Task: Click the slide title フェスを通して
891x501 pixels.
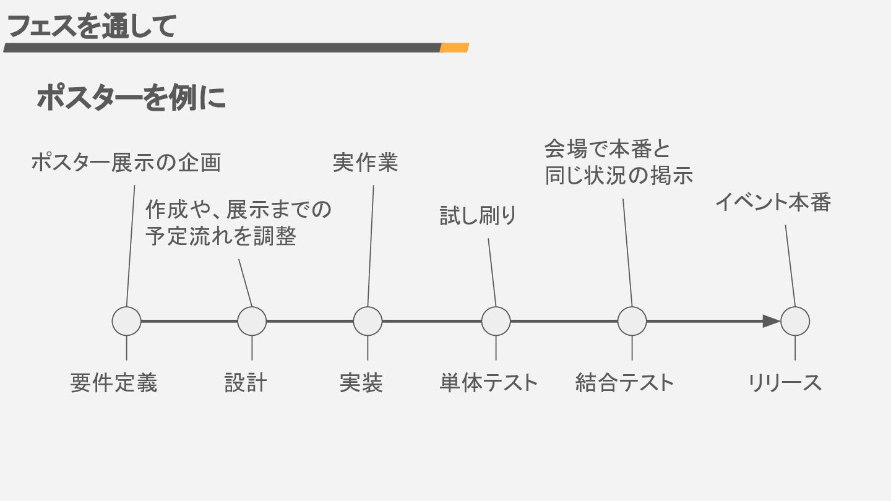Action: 92,27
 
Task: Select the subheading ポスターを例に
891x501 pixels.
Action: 131,98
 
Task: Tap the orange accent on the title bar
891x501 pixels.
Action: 454,48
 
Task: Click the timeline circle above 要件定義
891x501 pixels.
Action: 127,321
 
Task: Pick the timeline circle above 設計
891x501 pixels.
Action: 252,321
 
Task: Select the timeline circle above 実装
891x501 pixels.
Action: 368,321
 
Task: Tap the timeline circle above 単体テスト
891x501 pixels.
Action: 496,321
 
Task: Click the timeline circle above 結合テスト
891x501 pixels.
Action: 632,321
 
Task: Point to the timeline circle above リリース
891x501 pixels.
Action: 795,321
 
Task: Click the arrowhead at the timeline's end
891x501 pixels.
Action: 771,321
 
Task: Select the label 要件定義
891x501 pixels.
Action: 114,383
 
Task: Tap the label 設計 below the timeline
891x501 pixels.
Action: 246,383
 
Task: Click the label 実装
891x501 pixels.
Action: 361,383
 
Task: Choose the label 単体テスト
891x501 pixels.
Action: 489,383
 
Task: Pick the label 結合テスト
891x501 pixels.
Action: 624,383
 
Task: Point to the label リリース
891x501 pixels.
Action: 785,383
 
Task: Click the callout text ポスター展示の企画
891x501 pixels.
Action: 126,163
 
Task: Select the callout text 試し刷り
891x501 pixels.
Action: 478,216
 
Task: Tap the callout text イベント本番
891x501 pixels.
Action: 772,202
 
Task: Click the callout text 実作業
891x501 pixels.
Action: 365,163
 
